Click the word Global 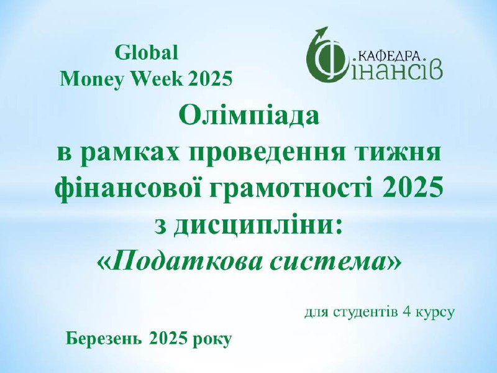(146, 53)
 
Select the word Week (157, 79)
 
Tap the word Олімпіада (248, 116)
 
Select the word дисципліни (257, 226)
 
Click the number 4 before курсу (406, 312)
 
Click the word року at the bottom (212, 341)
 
